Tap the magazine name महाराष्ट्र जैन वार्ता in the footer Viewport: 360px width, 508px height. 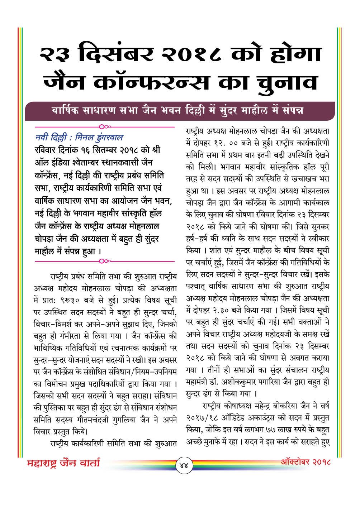pyautogui.click(x=63, y=463)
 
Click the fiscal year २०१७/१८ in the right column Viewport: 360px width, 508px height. pyautogui.click(x=203, y=417)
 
